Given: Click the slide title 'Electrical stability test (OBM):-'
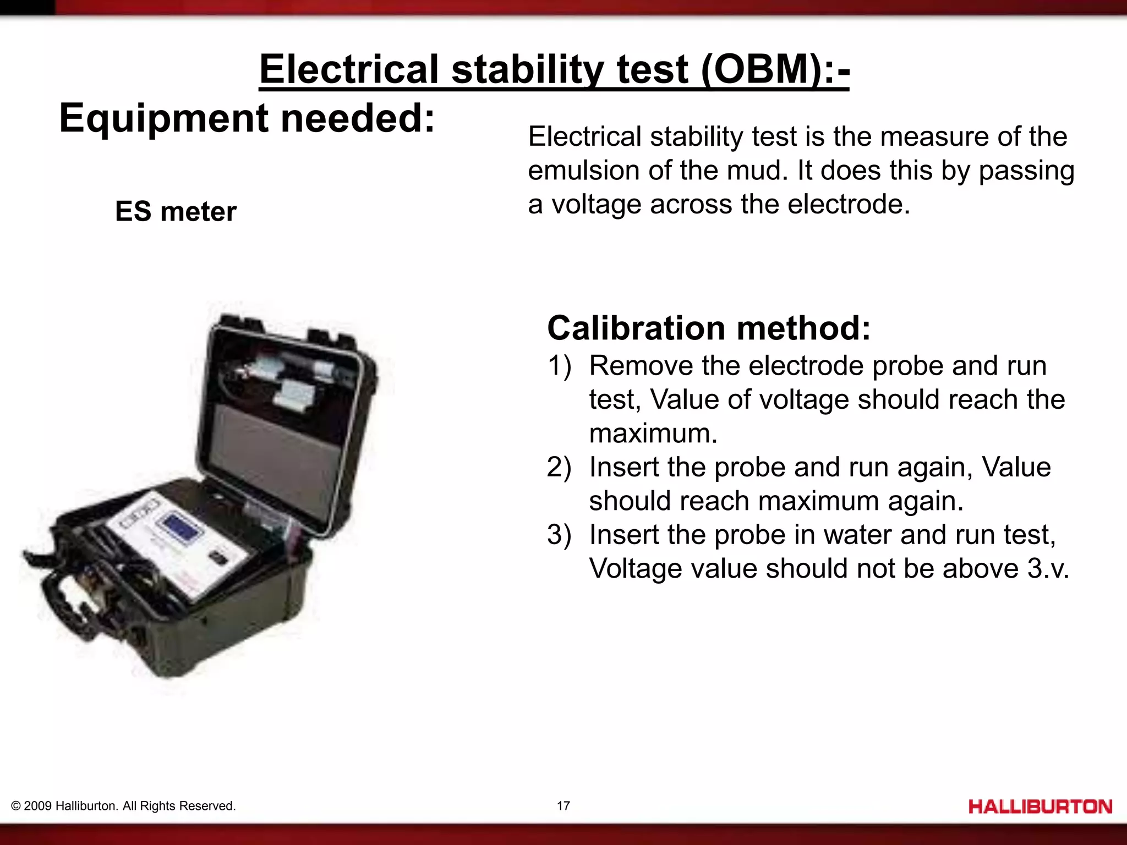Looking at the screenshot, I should pyautogui.click(x=554, y=70).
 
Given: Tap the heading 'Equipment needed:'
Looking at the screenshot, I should pyautogui.click(x=247, y=118).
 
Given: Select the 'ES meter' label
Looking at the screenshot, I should pyautogui.click(x=176, y=212).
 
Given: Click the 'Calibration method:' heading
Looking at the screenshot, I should pyautogui.click(x=709, y=328).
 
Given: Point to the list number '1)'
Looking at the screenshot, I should pyautogui.click(x=559, y=366).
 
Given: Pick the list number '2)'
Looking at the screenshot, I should pyautogui.click(x=559, y=467).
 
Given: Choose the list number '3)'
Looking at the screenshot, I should pyautogui.click(x=559, y=535).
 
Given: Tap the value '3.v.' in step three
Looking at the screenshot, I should pyautogui.click(x=1047, y=568).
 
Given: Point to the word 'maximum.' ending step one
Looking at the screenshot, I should pyautogui.click(x=653, y=434).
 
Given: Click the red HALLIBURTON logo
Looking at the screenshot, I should pyautogui.click(x=1040, y=806).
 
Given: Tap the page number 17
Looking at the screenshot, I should pyautogui.click(x=563, y=806).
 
